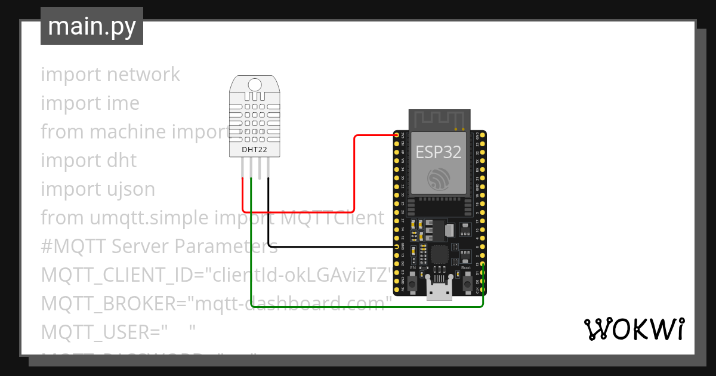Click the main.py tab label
91,26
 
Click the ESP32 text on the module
438,152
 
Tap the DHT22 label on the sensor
254,149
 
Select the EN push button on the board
413,281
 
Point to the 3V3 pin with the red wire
397,135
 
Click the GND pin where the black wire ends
397,246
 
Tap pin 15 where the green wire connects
483,263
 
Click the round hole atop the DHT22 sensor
255,84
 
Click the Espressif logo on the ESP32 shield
439,179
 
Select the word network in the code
143,75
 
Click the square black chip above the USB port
439,255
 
